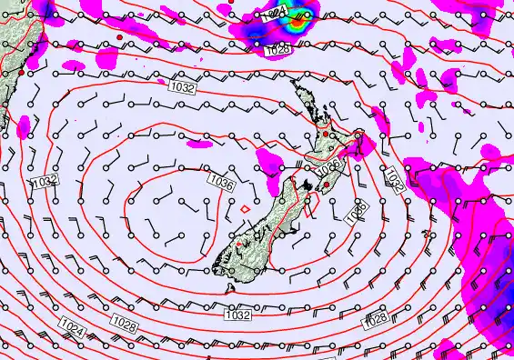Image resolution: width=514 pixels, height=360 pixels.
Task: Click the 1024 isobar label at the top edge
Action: (278, 11)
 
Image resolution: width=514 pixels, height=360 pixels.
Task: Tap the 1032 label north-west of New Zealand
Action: (182, 88)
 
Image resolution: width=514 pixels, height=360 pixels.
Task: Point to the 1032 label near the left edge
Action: (45, 181)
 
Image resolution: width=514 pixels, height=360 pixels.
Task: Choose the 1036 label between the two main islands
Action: (330, 165)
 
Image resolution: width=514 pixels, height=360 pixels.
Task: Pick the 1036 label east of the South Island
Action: (358, 212)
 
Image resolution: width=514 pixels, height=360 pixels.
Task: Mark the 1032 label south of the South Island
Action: (237, 315)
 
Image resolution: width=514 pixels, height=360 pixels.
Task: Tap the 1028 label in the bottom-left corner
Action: (126, 323)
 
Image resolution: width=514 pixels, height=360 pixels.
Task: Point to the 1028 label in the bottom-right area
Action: (375, 318)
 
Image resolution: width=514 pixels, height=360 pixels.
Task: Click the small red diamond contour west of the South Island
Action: (245, 209)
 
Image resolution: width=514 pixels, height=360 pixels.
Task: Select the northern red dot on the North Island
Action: (323, 135)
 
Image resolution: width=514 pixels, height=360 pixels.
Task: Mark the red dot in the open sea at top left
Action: (120, 36)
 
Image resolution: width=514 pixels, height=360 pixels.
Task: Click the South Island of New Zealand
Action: (264, 227)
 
